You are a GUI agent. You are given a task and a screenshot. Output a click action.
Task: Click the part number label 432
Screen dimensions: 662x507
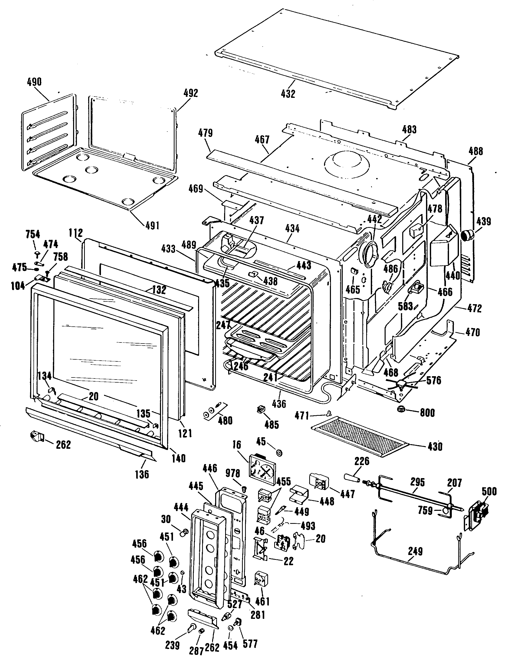(x=288, y=94)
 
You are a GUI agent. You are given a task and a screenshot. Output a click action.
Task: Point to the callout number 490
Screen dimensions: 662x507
(x=34, y=82)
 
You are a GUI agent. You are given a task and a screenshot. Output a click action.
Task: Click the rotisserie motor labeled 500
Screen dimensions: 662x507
(x=477, y=513)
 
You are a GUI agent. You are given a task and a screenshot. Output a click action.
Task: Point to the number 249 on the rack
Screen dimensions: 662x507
(x=415, y=551)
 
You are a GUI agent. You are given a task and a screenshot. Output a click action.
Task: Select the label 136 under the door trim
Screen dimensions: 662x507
(x=142, y=475)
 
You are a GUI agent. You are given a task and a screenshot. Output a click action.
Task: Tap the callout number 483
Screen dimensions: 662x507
(x=409, y=129)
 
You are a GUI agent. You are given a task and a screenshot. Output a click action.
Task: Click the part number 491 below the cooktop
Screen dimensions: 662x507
(x=152, y=225)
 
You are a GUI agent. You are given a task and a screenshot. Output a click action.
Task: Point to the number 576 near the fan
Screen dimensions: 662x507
(x=434, y=380)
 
